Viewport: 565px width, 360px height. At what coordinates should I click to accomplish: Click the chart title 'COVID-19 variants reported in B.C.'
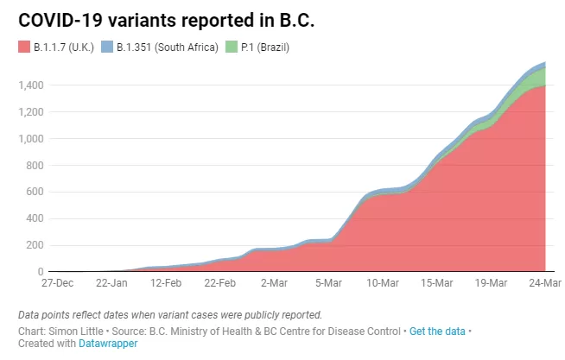pyautogui.click(x=166, y=20)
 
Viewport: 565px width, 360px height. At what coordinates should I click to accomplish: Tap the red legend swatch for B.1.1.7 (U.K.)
pyautogui.click(x=24, y=47)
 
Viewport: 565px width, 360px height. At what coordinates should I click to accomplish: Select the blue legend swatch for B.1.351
pyautogui.click(x=107, y=47)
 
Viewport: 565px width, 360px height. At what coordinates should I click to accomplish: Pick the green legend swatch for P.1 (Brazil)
pyautogui.click(x=232, y=47)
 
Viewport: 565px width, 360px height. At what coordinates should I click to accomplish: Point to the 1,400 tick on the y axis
pyautogui.click(x=31, y=85)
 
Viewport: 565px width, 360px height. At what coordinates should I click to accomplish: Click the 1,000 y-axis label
pyautogui.click(x=31, y=139)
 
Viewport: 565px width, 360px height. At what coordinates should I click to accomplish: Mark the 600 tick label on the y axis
pyautogui.click(x=35, y=192)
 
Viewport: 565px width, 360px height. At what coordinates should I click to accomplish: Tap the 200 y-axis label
pyautogui.click(x=35, y=245)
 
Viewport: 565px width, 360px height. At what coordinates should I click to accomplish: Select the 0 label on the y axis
pyautogui.click(x=41, y=272)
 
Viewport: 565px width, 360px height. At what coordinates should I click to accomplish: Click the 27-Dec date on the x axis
pyautogui.click(x=57, y=283)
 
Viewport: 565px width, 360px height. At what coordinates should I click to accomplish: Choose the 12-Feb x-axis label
pyautogui.click(x=166, y=283)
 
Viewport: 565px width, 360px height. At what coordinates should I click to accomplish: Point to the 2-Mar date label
pyautogui.click(x=274, y=283)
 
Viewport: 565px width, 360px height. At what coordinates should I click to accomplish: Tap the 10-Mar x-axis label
pyautogui.click(x=383, y=283)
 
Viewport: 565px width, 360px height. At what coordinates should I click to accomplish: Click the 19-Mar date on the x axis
pyautogui.click(x=491, y=283)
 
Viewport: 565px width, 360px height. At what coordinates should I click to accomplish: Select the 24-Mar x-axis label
pyautogui.click(x=545, y=283)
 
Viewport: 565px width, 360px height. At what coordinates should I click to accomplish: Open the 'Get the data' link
pyautogui.click(x=437, y=332)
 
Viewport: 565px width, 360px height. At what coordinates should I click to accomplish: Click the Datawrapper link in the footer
pyautogui.click(x=108, y=344)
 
